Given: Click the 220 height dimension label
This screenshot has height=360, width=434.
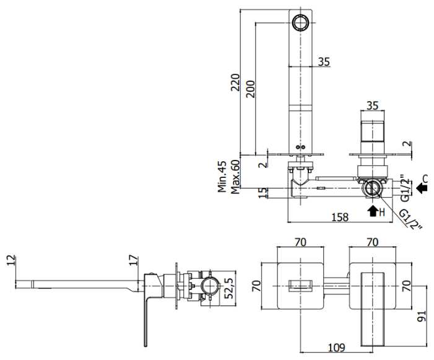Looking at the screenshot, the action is coord(235,82).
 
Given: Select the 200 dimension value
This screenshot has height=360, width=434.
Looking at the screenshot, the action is coord(251,89).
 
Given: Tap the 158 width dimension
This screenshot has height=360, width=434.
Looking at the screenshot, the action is coord(340,217).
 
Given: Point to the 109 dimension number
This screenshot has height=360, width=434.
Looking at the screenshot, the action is coord(337,347).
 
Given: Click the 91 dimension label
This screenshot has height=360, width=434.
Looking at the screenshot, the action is coord(421,316).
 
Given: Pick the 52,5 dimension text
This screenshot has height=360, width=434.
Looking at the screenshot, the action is coord(228,289).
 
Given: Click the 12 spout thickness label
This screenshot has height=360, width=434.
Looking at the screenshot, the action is coord(11,260).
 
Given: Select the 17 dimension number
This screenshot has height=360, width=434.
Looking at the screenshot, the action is coord(134,260).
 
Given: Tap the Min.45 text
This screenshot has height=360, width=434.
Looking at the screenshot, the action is coord(222,177).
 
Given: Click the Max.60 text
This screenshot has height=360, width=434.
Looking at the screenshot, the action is coord(235,177).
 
